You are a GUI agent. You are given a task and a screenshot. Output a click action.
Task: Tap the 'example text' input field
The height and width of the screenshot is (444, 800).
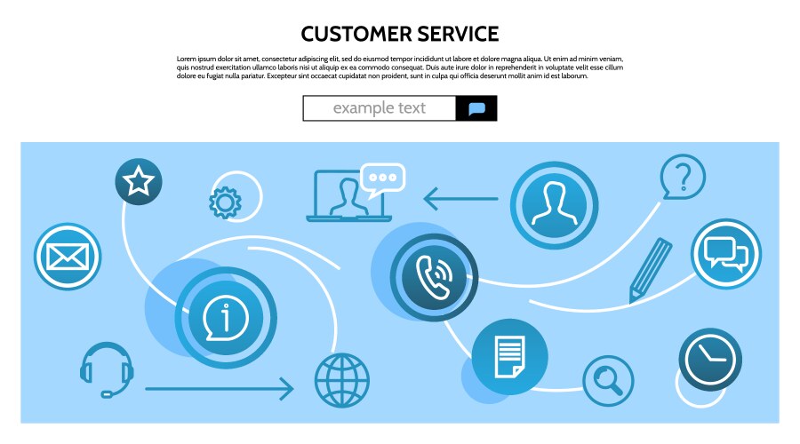click(x=380, y=108)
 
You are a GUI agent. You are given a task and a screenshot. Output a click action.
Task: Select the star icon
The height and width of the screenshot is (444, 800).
click(x=139, y=182)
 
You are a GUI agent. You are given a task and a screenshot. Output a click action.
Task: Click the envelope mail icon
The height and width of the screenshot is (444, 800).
click(x=68, y=257)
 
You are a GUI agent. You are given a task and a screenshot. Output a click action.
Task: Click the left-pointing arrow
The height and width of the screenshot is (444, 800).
click(x=460, y=198)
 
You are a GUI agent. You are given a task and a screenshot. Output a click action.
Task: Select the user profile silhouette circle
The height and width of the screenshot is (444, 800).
click(x=555, y=205)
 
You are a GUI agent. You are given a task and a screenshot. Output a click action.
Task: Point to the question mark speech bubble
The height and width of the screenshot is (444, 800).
click(x=682, y=177)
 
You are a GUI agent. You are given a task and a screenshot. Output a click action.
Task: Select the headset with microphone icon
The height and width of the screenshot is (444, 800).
click(x=107, y=369)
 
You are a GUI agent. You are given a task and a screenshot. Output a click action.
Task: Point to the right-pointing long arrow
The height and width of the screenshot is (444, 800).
click(x=219, y=388)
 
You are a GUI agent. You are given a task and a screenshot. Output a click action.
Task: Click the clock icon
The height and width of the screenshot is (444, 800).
click(x=710, y=359)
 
